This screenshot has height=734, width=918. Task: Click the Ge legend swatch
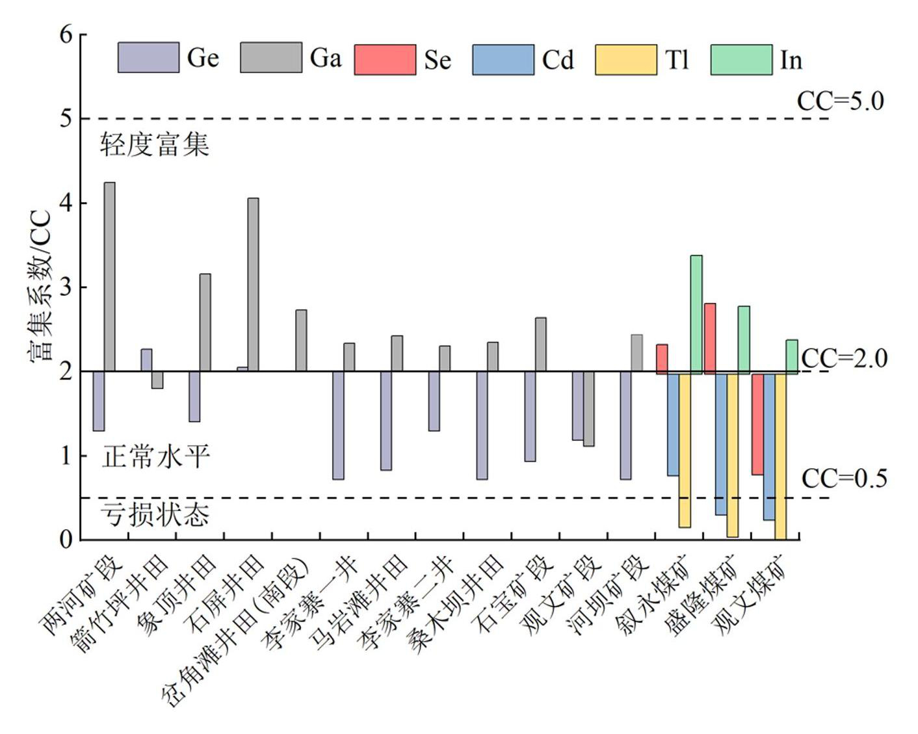pos(148,57)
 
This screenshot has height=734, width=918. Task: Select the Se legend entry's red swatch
pos(385,60)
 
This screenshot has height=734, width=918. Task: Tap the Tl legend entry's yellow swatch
pos(625,60)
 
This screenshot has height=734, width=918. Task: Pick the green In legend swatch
pos(741,60)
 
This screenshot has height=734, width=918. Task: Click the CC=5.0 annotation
pos(840,101)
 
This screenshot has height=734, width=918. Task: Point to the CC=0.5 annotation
pos(844,478)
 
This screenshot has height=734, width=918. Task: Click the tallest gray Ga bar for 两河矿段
pos(110,276)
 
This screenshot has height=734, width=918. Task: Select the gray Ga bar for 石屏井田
pos(254,284)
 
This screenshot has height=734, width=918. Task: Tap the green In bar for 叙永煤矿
pos(696,314)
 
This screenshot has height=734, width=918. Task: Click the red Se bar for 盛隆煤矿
pos(710,338)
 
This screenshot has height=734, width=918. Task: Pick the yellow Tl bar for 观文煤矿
pos(780,456)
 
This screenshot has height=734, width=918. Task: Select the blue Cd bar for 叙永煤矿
pos(673,424)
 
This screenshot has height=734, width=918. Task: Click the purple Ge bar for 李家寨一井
pos(338,425)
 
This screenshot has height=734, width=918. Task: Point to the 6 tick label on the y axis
pos(66,34)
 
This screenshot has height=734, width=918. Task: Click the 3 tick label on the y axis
pos(66,287)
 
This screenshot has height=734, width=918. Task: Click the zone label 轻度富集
pos(155,144)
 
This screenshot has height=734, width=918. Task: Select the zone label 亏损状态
pos(155,514)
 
